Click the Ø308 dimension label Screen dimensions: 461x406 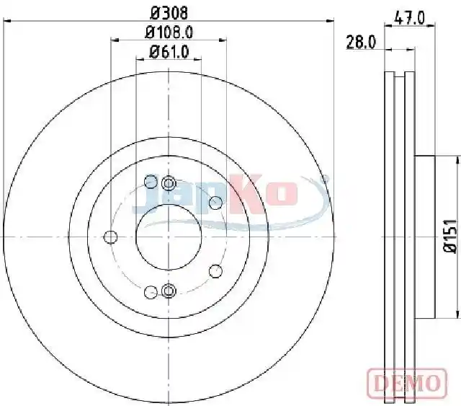pos(169,13)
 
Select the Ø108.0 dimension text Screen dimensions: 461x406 pos(169,32)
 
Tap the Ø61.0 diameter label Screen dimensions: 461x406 pos(169,52)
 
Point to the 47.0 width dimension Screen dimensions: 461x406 pos(410,18)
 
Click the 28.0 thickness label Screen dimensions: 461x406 pos(361,42)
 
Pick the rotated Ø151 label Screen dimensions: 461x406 pos(450,236)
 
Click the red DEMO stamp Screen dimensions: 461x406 pos(407,382)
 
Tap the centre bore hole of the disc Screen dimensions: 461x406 pos(169,237)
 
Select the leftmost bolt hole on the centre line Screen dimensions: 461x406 pos(110,237)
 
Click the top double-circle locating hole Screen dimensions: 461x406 pos(169,183)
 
